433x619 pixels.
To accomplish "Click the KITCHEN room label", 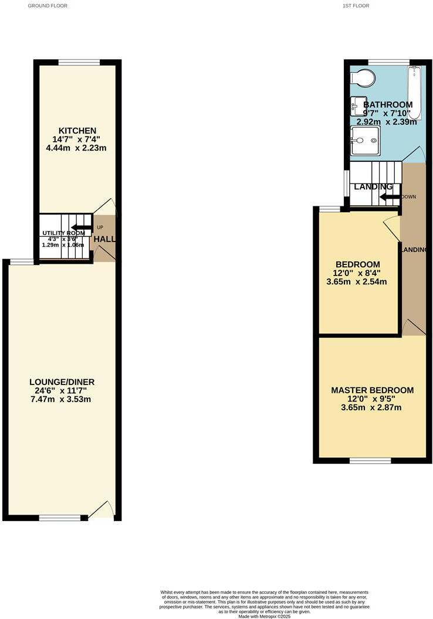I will click(77, 130).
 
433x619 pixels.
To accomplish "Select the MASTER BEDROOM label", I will click(372, 390).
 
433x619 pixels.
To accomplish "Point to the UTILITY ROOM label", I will click(63, 233).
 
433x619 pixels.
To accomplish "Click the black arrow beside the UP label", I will click(82, 227).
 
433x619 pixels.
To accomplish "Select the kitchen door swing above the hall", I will click(106, 207).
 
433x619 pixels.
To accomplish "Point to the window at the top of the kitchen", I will click(79, 63).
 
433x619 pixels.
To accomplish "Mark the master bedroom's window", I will click(370, 461).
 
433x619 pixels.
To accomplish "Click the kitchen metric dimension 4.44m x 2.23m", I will click(77, 148).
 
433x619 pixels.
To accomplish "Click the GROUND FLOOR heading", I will click(48, 6).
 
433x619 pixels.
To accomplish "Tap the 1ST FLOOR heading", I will click(356, 6).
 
